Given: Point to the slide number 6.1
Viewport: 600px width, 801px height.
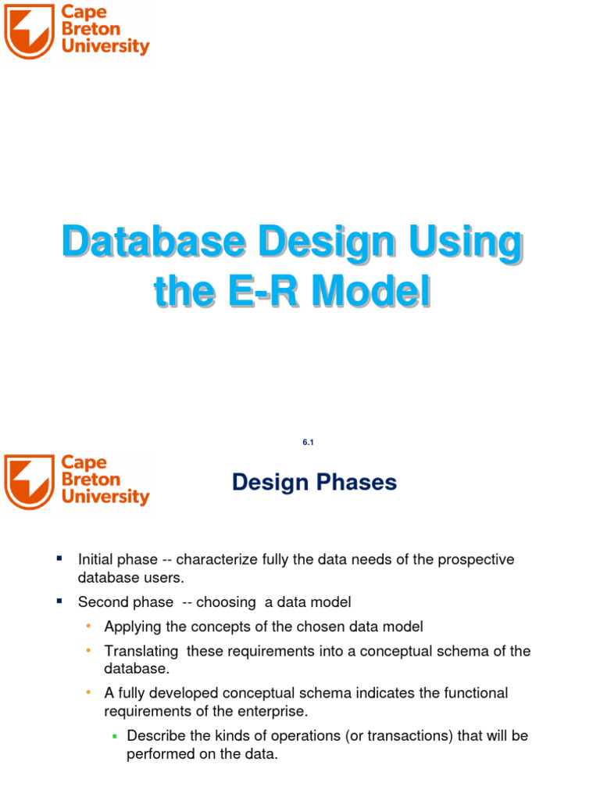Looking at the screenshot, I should point(307,443).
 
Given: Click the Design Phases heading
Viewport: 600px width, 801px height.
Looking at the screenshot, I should point(314,483).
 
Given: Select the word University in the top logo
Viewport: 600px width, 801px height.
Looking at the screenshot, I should point(105,47).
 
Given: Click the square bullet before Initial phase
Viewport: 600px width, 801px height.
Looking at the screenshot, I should point(59,558).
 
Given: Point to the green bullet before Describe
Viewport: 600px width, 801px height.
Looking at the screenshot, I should point(114,736).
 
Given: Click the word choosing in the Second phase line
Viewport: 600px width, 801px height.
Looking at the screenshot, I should point(226,602).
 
